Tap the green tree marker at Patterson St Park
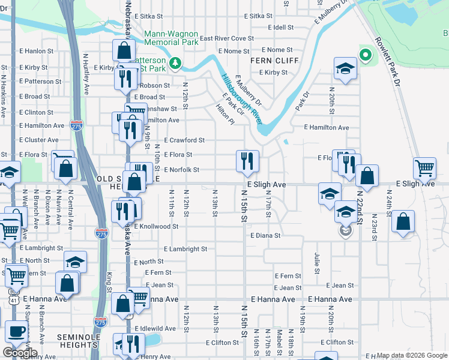coord(175,62)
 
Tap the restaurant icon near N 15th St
coord(247,160)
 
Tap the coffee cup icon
coord(16,331)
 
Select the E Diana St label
coord(265,236)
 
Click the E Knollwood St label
coord(156,227)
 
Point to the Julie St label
coord(316,259)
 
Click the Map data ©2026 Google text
coord(412,355)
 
